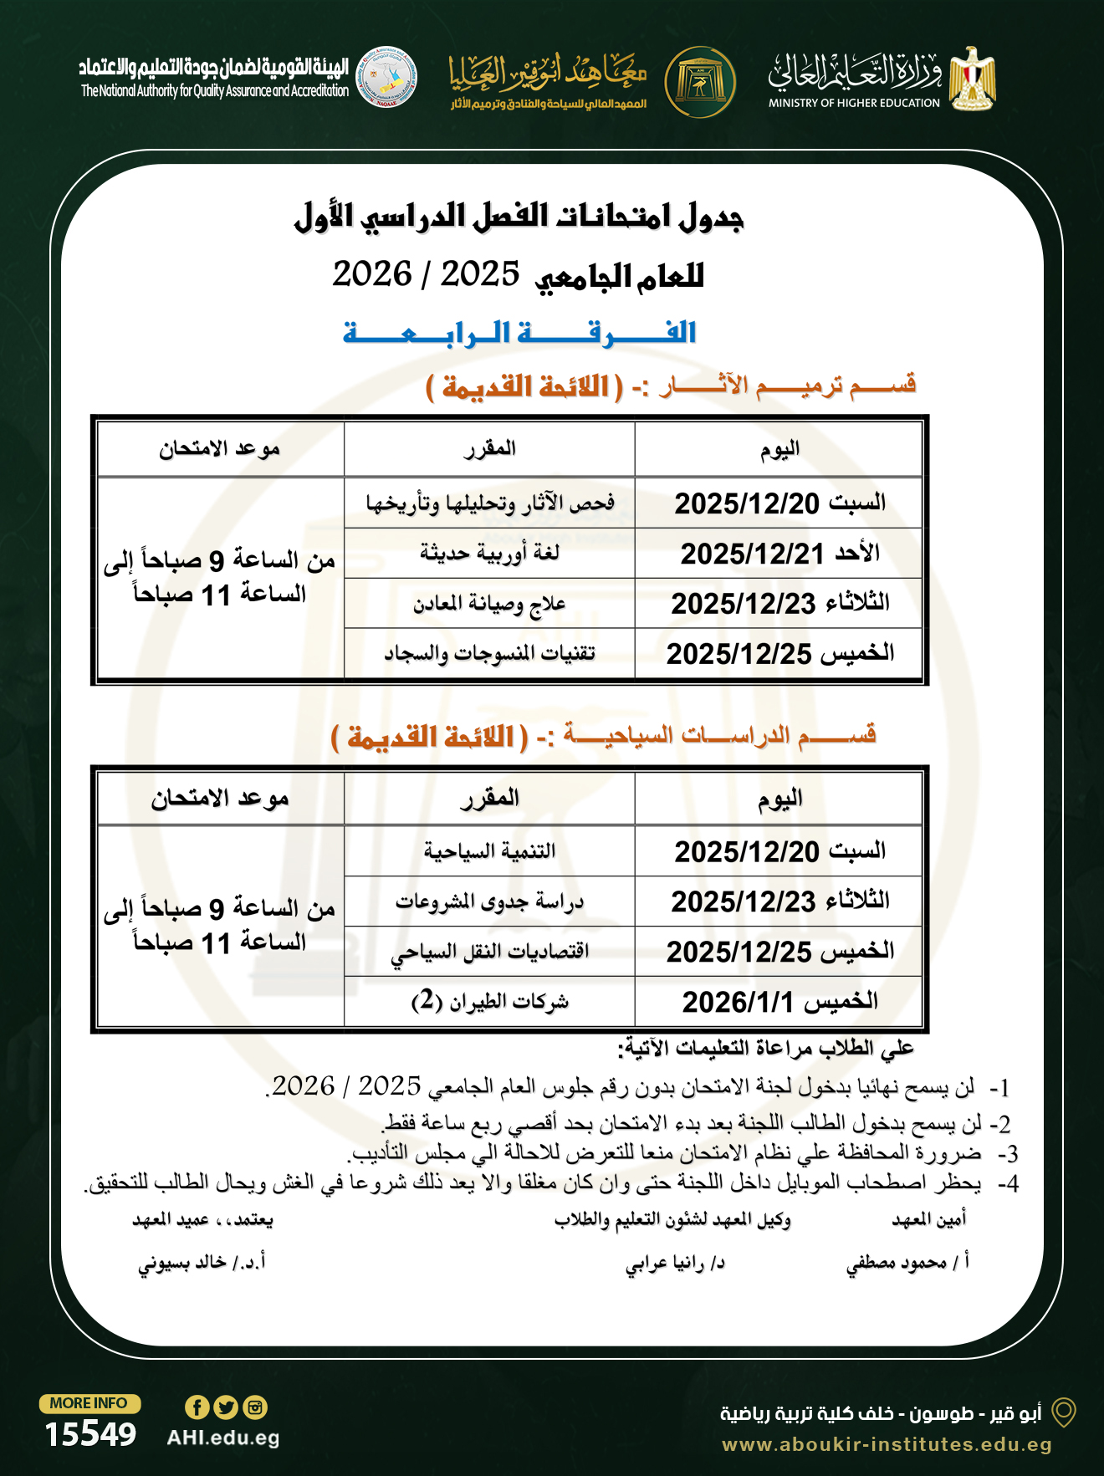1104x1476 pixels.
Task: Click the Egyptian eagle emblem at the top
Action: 973,79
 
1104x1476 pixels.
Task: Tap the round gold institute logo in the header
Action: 700,82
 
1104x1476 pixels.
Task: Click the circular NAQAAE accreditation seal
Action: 386,77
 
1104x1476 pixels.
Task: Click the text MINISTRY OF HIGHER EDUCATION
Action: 854,103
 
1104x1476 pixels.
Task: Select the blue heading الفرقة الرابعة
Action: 519,333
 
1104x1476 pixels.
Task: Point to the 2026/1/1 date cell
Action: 779,1001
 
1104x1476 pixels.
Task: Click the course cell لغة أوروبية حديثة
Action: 489,553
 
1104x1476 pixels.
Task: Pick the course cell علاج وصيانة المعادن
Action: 489,603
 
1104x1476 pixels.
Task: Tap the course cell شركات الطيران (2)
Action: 489,1001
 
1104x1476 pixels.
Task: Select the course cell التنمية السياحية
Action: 489,851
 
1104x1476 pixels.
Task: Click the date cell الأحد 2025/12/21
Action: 779,553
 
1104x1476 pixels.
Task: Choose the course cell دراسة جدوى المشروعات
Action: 489,901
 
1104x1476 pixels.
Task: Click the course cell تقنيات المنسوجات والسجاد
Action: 489,653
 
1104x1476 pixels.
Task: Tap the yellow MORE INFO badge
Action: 89,1403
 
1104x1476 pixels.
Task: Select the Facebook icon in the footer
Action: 197,1407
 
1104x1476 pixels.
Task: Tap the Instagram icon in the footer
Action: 255,1407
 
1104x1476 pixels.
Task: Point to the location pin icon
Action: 1063,1412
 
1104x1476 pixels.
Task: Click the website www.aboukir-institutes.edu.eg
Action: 887,1444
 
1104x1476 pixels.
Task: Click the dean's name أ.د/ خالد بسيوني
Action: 202,1262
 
